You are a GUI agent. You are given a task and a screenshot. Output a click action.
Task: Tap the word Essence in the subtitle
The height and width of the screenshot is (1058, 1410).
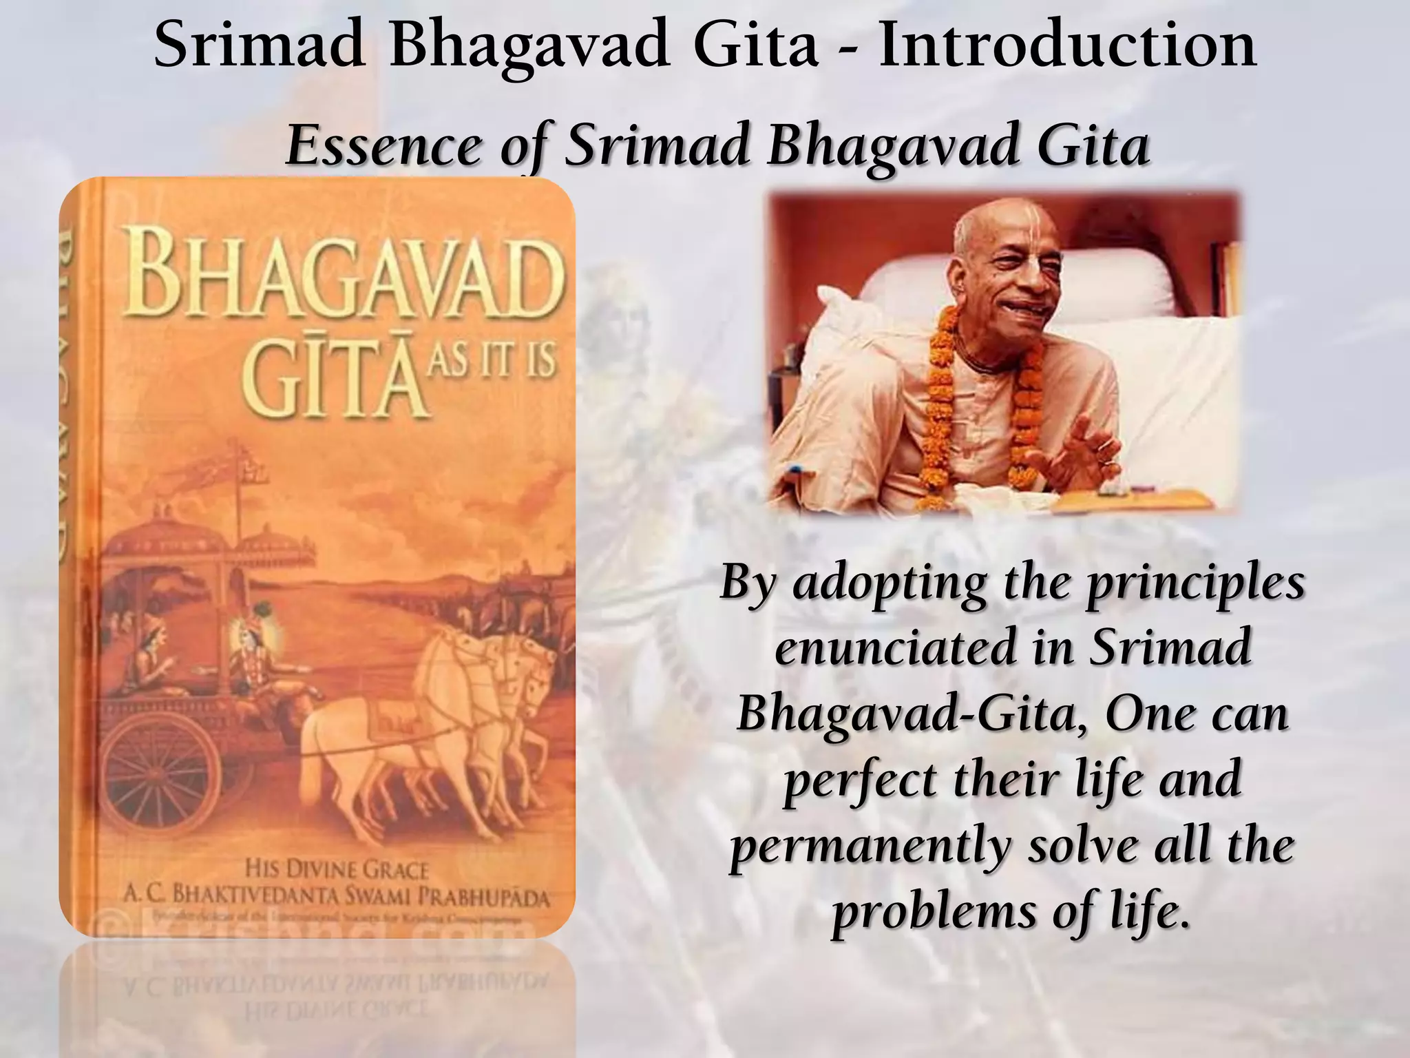coord(383,146)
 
